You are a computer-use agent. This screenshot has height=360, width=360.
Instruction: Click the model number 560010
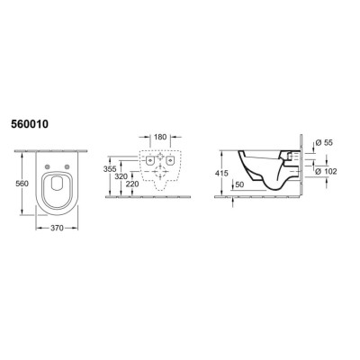pos(30,124)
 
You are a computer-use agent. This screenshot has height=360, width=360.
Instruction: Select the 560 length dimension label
pos(22,184)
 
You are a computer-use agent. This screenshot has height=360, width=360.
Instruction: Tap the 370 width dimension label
pos(57,229)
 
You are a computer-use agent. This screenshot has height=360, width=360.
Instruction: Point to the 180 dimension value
pos(160,137)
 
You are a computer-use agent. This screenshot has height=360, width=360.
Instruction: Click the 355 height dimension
pos(110,169)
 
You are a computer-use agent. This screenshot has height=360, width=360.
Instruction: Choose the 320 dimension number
pos(121,176)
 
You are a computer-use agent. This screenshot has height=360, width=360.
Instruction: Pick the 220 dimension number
pos(132,184)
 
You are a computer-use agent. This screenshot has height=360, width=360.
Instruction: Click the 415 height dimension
pos(221,174)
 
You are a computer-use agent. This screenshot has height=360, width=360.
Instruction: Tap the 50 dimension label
pos(239,185)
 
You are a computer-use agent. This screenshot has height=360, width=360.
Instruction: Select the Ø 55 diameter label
pos(324,143)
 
